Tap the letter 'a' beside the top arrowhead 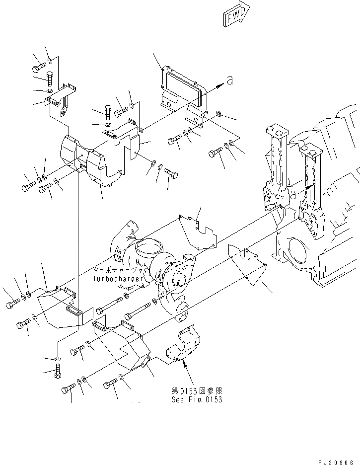(229, 80)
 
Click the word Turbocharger (118, 279)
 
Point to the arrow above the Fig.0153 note (185, 368)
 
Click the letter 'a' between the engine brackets (293, 195)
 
